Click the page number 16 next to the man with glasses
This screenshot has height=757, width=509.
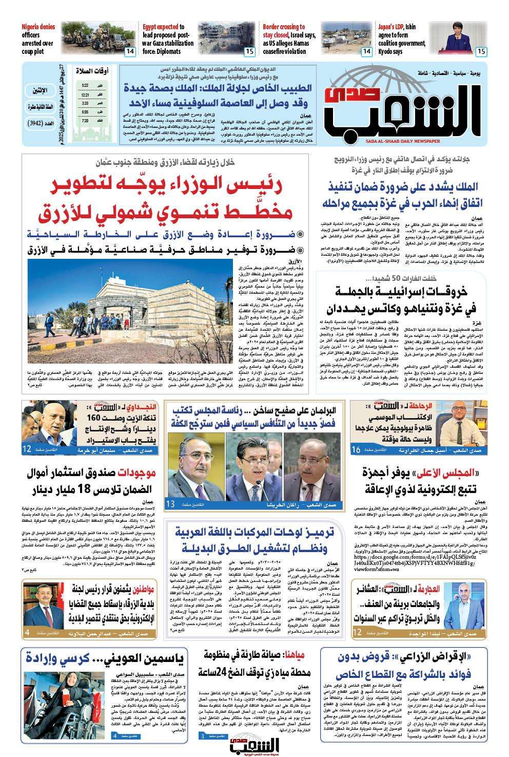point(356,450)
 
